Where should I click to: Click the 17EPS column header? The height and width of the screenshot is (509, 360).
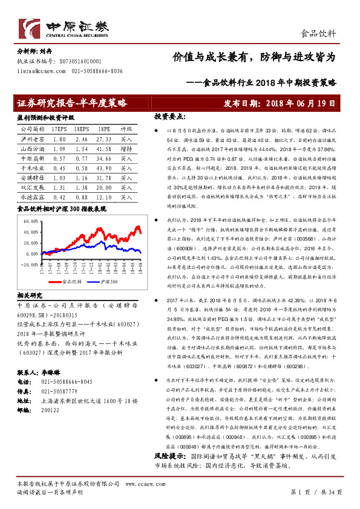(x=59, y=129)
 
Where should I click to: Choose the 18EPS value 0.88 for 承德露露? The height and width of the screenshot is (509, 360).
(x=82, y=197)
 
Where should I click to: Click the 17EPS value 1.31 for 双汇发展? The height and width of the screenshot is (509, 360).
(x=59, y=188)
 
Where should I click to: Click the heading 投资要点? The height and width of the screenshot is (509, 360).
(x=168, y=115)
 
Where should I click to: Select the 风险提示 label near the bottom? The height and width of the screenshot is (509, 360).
(x=169, y=472)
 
